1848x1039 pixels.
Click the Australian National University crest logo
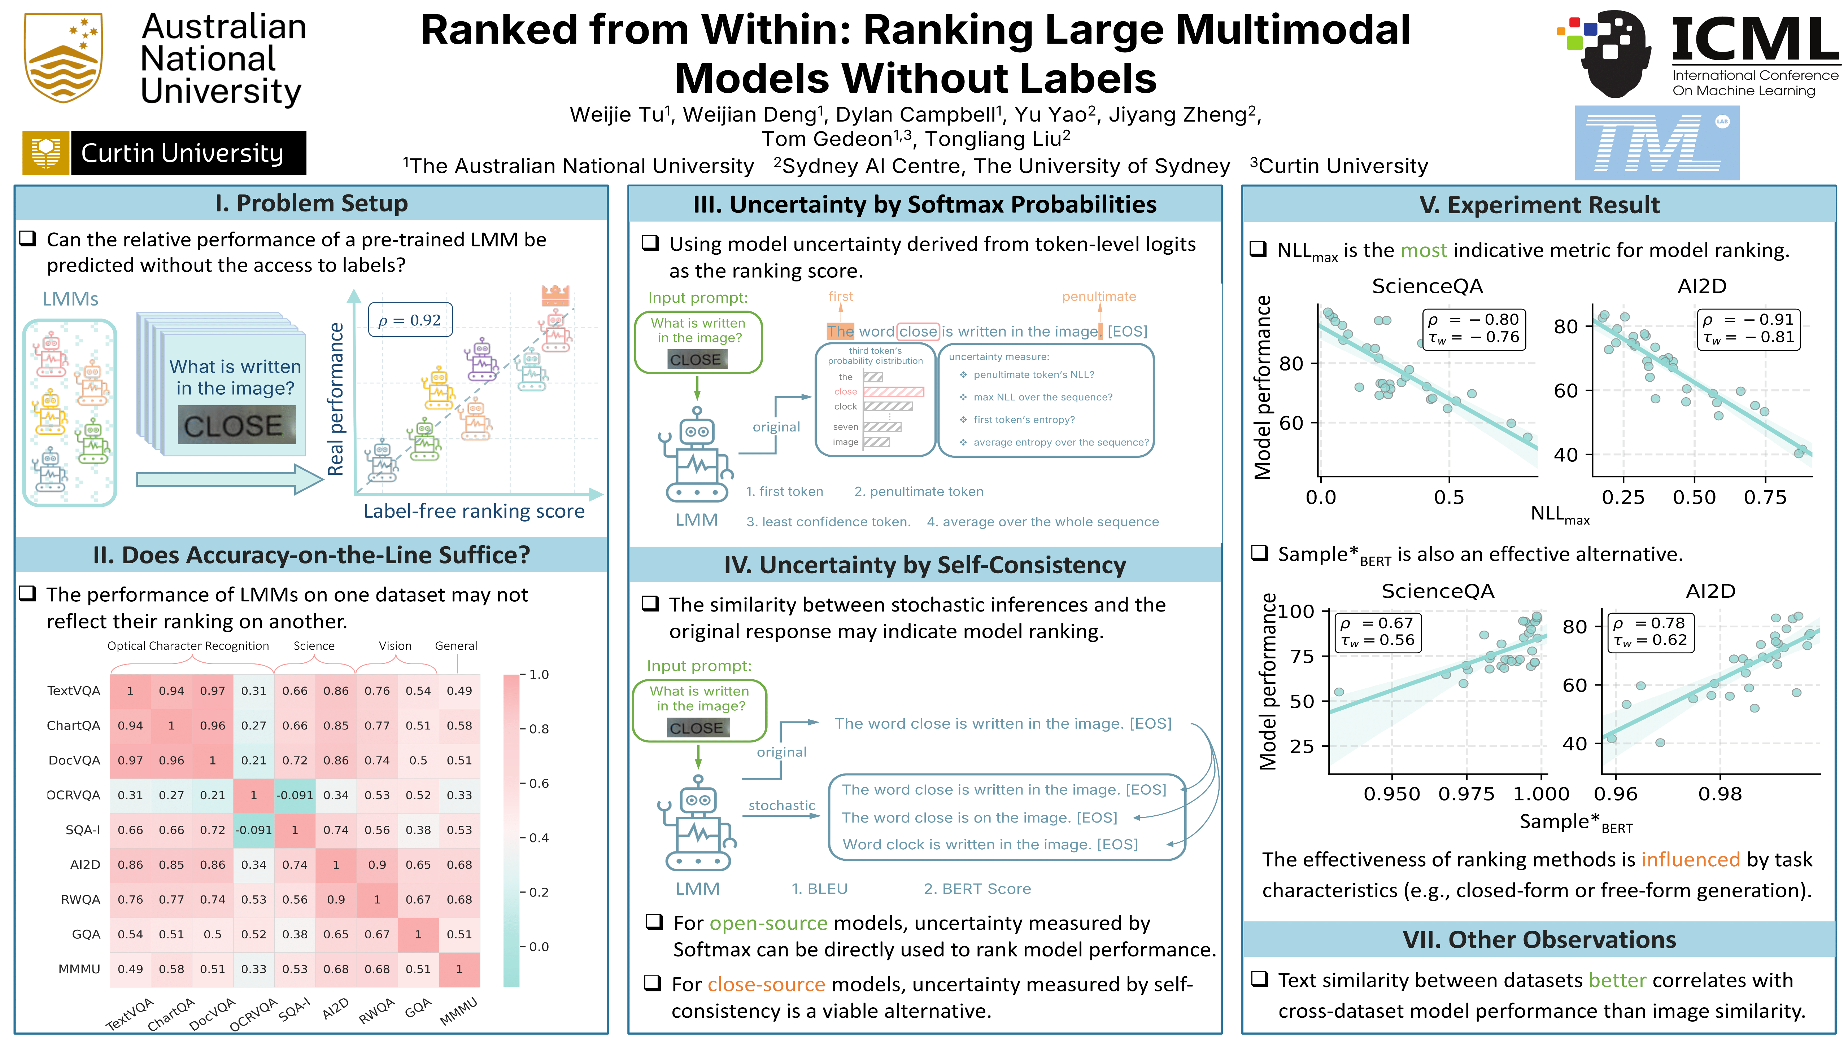(x=63, y=57)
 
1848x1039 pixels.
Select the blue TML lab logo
(x=1656, y=143)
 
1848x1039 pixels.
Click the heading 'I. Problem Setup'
(x=311, y=203)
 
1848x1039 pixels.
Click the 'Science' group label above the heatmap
(x=314, y=646)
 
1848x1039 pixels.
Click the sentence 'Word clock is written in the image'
(x=989, y=845)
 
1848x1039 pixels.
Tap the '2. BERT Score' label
(x=977, y=889)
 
